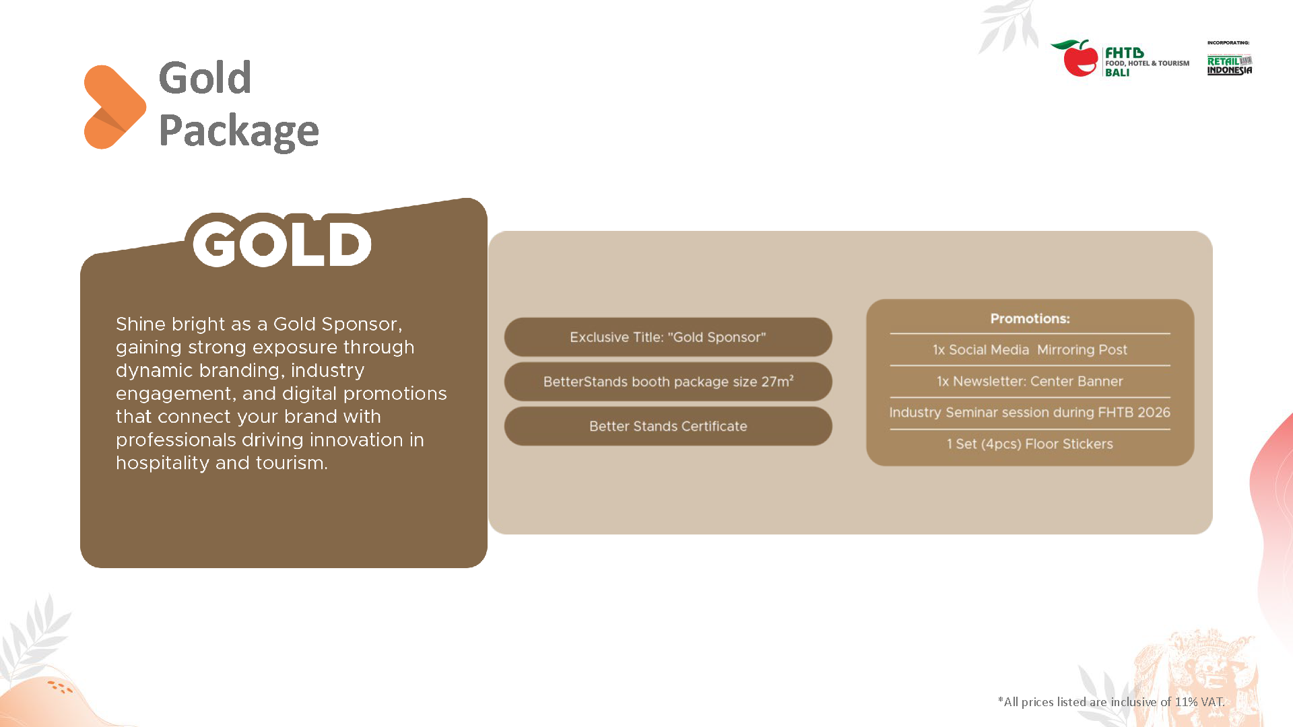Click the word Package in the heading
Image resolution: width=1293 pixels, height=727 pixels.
[238, 132]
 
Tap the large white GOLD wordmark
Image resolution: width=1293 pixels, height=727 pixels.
[281, 241]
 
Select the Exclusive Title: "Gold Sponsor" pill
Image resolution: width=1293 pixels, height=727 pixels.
[668, 337]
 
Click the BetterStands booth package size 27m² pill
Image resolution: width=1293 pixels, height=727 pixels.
[668, 382]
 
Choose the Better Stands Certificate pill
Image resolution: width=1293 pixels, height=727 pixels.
[668, 426]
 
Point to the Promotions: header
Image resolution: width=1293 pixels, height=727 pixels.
[1030, 318]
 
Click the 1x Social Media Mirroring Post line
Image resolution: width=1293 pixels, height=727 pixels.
[1030, 350]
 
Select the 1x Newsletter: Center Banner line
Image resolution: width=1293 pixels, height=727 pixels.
[1030, 381]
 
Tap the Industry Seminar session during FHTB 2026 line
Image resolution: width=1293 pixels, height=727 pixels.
[1030, 413]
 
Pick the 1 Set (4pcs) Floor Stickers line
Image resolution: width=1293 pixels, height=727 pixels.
[1030, 444]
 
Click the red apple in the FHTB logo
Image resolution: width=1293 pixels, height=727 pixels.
[1080, 59]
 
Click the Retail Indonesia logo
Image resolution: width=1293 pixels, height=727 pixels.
[1230, 65]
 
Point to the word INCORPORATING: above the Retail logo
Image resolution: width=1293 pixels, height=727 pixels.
[1228, 42]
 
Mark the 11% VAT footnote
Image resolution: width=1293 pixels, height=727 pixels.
[1111, 701]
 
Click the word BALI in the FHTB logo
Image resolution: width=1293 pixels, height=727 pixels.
[1117, 73]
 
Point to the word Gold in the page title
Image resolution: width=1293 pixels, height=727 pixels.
[205, 77]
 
